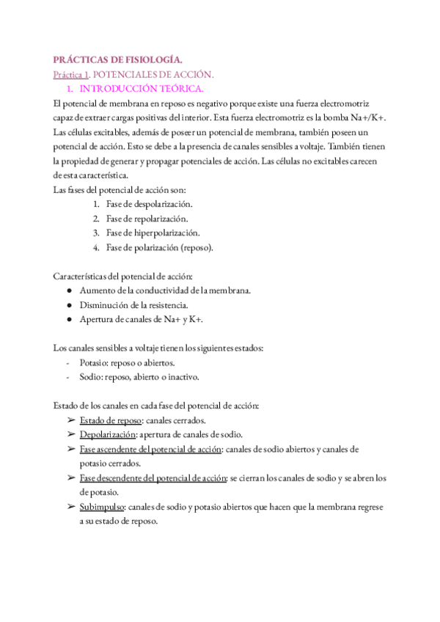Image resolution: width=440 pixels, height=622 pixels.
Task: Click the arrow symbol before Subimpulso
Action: point(70,506)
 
